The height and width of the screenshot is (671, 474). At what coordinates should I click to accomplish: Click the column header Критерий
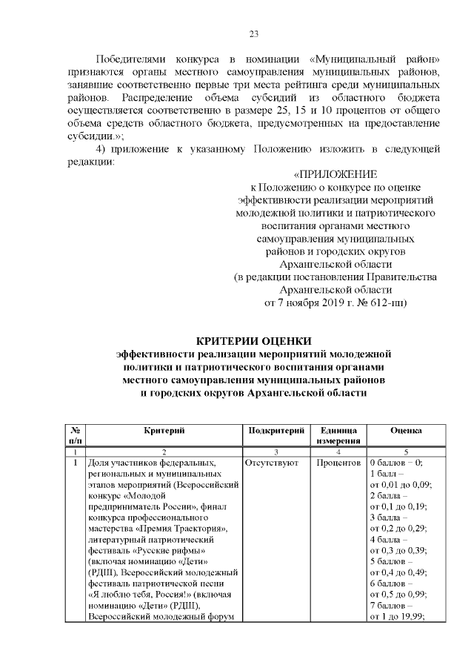pyautogui.click(x=164, y=430)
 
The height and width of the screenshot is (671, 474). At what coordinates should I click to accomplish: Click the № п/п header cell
pyautogui.click(x=75, y=435)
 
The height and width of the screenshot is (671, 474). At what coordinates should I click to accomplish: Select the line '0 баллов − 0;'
pyautogui.click(x=395, y=463)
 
